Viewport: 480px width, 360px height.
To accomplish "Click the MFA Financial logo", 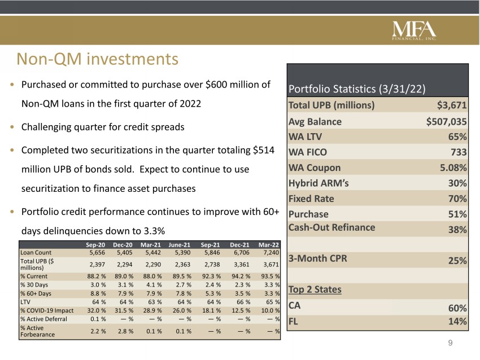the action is click(414, 30).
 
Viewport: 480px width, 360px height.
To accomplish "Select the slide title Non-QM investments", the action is click(97, 59).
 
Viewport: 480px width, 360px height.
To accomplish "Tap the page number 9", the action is click(450, 343).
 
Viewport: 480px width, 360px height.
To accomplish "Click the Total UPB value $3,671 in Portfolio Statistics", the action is click(452, 105).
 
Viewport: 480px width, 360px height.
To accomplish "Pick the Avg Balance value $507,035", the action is click(446, 121).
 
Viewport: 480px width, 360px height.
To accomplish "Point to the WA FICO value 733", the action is click(459, 152).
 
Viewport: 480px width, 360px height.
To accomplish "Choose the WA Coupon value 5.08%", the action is click(453, 168).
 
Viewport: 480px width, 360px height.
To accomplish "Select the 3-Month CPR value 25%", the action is click(457, 260).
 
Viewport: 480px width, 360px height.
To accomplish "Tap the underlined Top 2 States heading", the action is click(315, 289).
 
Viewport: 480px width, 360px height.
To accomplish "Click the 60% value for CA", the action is click(457, 308).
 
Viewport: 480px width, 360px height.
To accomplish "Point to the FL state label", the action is click(293, 322).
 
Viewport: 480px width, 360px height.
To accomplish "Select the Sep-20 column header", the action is click(95, 245).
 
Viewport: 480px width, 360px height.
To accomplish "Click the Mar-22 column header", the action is click(268, 245).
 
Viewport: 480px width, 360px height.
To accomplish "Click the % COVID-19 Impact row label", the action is click(47, 310).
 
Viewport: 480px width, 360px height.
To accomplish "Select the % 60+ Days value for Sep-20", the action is click(97, 293).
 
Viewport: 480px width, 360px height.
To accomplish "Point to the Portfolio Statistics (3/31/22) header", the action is click(357, 89).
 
